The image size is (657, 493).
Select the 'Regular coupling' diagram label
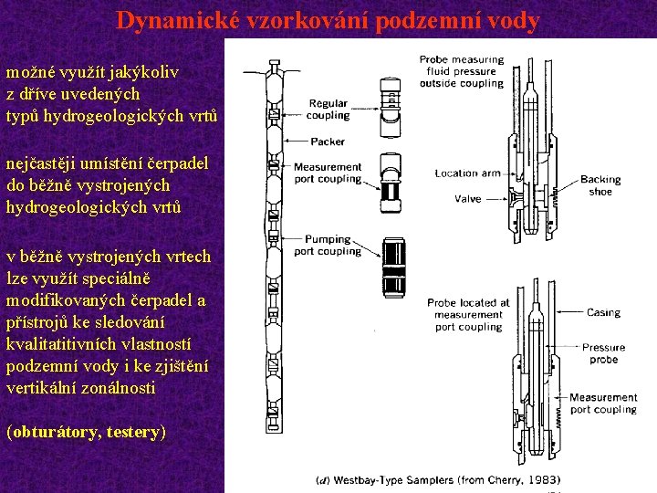tap(328, 110)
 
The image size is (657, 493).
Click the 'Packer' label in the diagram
tap(328, 142)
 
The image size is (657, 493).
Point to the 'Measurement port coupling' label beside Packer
tap(328, 173)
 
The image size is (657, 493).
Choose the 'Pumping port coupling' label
tap(328, 245)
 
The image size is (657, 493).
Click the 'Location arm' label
tap(468, 173)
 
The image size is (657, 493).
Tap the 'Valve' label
tap(467, 198)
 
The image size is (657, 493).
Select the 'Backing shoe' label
tap(600, 185)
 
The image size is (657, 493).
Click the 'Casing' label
tap(603, 312)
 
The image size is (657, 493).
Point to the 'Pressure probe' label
tap(603, 353)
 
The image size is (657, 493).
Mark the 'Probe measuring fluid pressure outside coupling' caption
tap(461, 71)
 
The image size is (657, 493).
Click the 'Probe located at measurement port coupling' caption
tap(468, 315)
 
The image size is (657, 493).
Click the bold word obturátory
tap(55, 432)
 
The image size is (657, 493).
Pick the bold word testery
tap(133, 432)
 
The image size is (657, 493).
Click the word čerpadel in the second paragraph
tap(177, 163)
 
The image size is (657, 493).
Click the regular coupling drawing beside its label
tap(390, 96)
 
